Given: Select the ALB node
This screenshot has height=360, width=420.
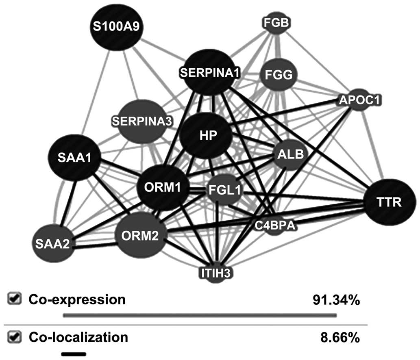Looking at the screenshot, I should click(289, 154).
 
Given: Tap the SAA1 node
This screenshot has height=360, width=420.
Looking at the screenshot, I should click(74, 158).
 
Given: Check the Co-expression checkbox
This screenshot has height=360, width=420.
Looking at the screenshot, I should click(15, 299).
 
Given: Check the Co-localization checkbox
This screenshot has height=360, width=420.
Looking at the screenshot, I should click(15, 337).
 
